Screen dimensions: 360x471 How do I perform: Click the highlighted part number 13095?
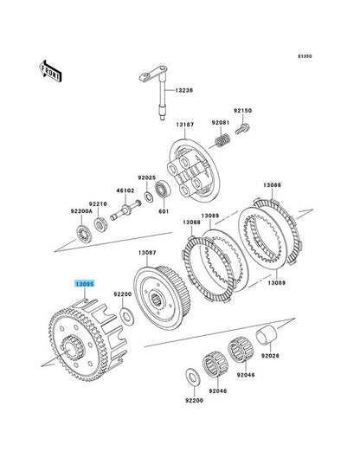[x=85, y=284]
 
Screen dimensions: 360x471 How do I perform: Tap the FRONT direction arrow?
[x=50, y=72]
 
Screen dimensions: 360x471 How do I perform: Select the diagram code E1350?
[x=305, y=56]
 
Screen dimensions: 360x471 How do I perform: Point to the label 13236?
[x=184, y=90]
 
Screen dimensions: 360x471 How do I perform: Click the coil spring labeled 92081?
[x=223, y=140]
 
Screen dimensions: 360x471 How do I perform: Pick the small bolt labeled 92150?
[x=242, y=129]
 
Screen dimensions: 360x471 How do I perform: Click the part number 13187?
[x=185, y=125]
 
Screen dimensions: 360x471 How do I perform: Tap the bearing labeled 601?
[x=163, y=190]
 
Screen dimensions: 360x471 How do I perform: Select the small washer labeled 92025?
[x=148, y=197]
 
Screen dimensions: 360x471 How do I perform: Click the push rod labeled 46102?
[x=125, y=210]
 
